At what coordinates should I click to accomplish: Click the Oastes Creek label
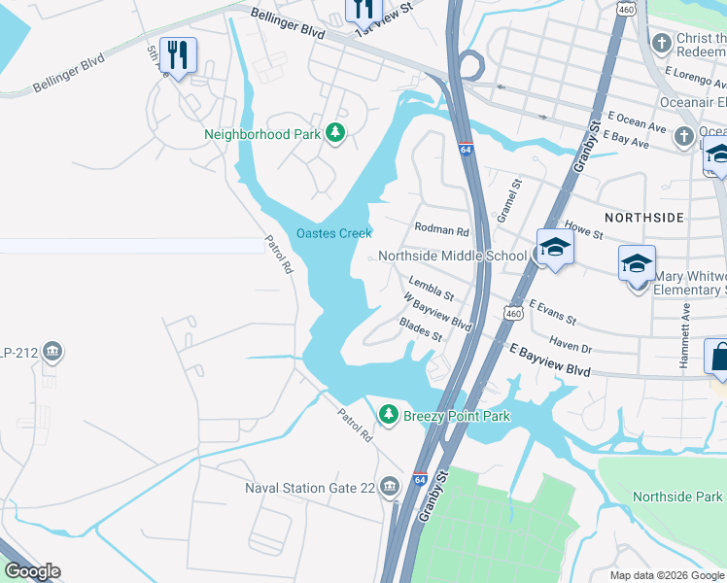334,233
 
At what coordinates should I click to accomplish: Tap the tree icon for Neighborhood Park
335,132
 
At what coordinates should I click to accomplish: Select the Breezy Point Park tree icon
389,416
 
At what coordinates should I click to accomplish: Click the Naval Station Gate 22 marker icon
390,486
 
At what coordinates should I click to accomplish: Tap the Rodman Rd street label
441,231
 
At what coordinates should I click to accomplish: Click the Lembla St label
432,288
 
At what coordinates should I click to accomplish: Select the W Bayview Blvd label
437,312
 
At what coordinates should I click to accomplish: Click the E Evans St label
553,312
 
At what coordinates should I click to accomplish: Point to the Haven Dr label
571,343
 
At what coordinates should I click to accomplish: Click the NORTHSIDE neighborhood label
643,217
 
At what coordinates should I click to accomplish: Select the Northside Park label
677,497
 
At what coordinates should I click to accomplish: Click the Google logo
31,571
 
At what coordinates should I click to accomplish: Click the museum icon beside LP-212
52,352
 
